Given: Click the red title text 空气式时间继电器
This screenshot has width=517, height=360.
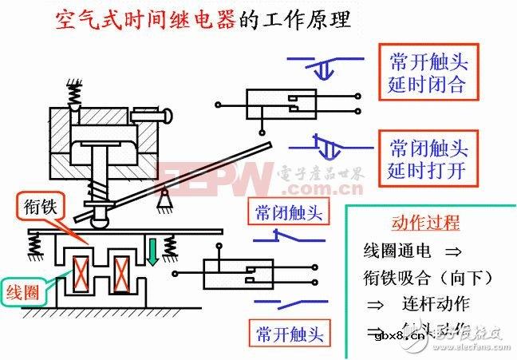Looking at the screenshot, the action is tap(146, 19).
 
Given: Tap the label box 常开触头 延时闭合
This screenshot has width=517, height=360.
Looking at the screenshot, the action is tap(428, 73).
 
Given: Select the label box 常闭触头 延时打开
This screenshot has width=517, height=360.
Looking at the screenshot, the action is tap(428, 158).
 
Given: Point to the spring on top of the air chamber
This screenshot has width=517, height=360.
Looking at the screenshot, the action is tap(74, 96).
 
